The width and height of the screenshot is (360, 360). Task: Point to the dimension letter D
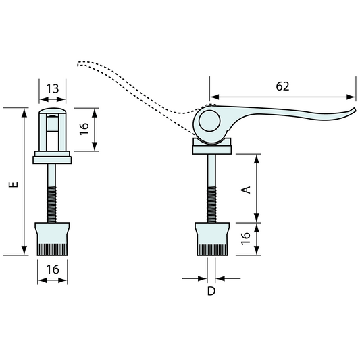211,292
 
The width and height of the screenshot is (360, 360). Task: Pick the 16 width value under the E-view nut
53,269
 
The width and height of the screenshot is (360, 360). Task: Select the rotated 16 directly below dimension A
247,238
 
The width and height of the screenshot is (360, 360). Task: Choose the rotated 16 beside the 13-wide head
84,128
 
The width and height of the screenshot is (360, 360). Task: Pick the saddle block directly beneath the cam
212,146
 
